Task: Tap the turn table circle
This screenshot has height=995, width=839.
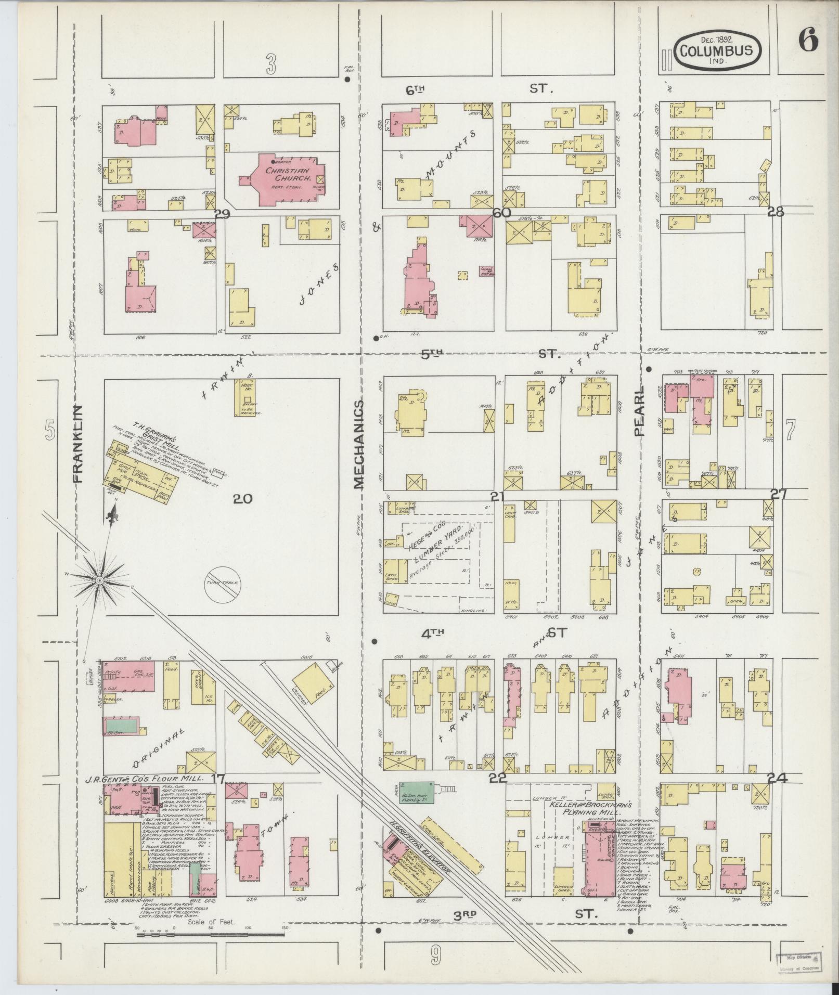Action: (224, 583)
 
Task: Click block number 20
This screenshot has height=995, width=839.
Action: (242, 499)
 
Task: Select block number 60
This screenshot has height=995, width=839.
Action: (503, 213)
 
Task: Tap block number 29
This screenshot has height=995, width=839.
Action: (222, 213)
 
